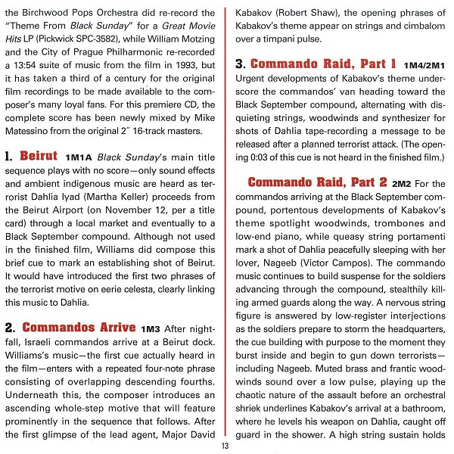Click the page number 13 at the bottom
[225, 445]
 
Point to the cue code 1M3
[151, 329]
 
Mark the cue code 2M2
[402, 184]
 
